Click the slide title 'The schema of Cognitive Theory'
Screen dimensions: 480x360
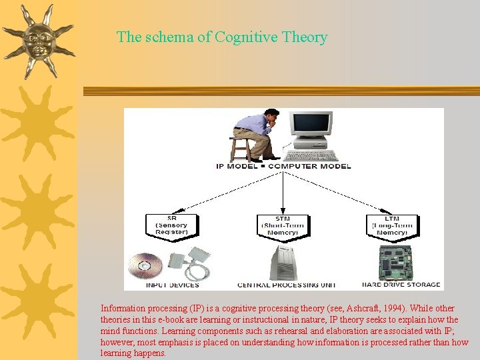click(222, 37)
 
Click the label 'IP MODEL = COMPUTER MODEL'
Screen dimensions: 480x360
click(283, 165)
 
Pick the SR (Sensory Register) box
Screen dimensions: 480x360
click(172, 225)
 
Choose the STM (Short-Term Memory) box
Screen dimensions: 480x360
click(283, 225)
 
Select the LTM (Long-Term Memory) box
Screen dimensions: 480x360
click(393, 225)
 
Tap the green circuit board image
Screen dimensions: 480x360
click(396, 263)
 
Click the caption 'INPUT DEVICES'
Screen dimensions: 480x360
click(172, 285)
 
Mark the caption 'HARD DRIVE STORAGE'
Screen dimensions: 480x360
click(401, 285)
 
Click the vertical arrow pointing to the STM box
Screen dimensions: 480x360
click(283, 193)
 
